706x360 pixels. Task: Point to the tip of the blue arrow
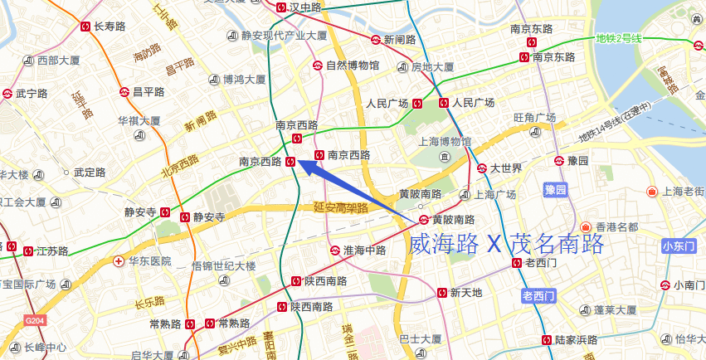297,161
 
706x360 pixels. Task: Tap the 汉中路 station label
304,7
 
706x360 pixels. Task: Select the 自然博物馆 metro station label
352,65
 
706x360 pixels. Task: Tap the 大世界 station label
505,168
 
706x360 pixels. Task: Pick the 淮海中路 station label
364,250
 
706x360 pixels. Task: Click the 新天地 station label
465,292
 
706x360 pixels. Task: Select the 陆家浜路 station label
576,339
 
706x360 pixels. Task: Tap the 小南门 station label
689,285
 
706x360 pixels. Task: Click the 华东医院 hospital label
149,260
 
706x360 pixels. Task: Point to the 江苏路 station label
40,250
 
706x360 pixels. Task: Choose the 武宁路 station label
32,94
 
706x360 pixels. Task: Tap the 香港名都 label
616,226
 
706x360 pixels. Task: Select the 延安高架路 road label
340,208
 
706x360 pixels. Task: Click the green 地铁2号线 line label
619,38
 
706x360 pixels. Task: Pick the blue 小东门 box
683,246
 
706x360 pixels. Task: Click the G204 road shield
34,320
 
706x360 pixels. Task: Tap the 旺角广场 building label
534,117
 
